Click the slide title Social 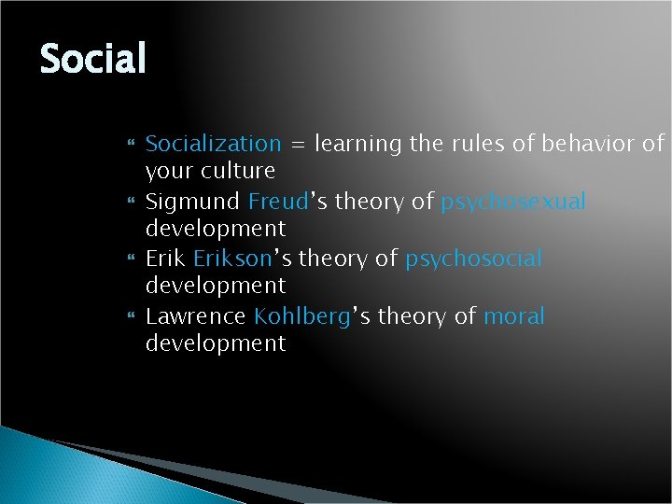(93, 60)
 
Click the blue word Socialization (213, 144)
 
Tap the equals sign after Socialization (297, 145)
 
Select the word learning (357, 145)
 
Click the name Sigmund (193, 202)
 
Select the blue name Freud (273, 201)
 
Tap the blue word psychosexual (513, 202)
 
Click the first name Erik (166, 259)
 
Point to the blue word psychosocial (473, 259)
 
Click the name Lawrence (195, 316)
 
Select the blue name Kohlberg (301, 316)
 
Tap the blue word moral (514, 316)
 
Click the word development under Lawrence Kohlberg (216, 343)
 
